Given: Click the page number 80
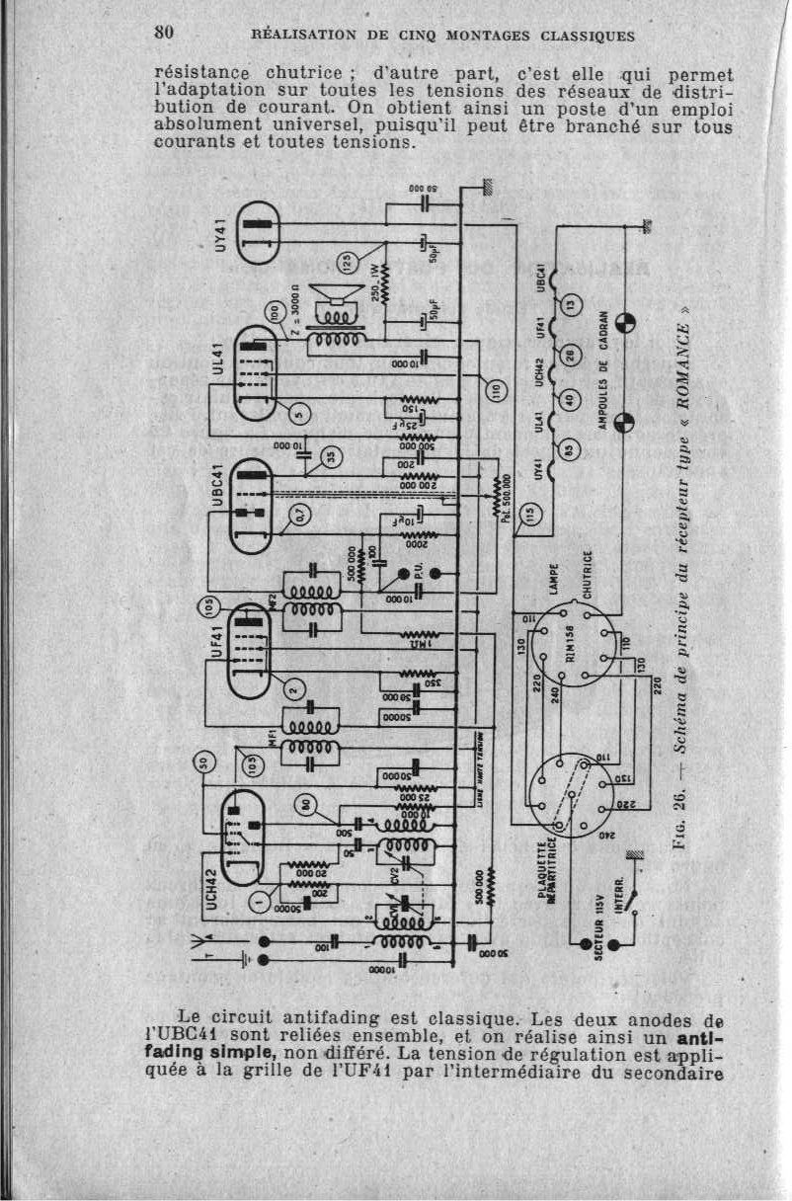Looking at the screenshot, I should (x=165, y=32).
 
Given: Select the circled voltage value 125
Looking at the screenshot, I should (x=347, y=264).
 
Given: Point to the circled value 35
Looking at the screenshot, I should (x=333, y=454).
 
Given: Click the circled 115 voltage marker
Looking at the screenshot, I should (x=531, y=513).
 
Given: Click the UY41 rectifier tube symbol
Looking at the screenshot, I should (x=255, y=233).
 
